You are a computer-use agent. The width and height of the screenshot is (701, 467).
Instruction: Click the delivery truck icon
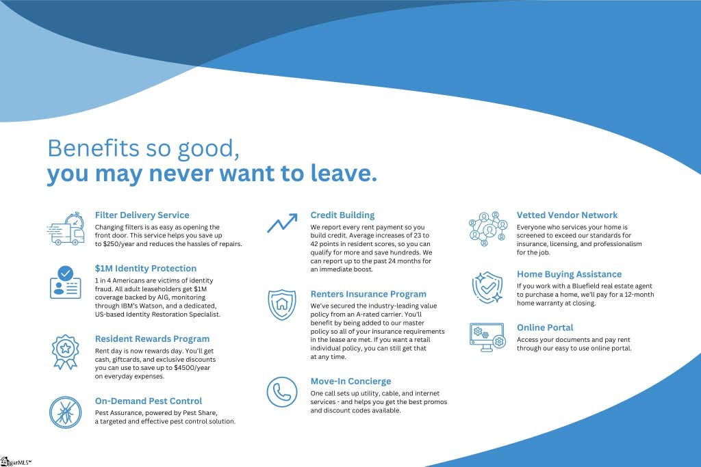(x=66, y=228)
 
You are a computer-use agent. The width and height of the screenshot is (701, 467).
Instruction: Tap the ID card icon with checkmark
(x=65, y=282)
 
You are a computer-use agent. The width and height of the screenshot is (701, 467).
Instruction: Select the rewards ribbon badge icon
(x=65, y=352)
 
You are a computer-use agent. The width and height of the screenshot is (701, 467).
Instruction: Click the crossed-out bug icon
(x=65, y=412)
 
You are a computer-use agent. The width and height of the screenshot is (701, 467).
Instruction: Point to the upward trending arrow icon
(x=282, y=223)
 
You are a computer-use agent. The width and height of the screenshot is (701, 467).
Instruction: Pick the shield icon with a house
(x=281, y=304)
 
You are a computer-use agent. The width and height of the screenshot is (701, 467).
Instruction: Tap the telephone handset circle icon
(x=282, y=392)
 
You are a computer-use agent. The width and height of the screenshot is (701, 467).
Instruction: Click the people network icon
(x=487, y=228)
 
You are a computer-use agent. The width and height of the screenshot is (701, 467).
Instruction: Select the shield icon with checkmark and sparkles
(x=487, y=288)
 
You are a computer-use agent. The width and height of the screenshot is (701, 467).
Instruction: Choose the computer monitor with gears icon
(x=487, y=337)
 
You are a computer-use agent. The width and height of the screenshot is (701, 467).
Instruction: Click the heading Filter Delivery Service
(x=142, y=215)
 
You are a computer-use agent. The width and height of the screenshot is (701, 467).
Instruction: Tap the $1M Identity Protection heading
(x=146, y=268)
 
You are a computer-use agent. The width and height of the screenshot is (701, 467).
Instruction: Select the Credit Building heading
(x=342, y=215)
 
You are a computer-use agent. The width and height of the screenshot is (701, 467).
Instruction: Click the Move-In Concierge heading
(x=351, y=382)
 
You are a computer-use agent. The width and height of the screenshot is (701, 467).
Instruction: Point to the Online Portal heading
(x=545, y=328)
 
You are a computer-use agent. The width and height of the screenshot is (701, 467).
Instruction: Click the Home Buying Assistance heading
(x=569, y=274)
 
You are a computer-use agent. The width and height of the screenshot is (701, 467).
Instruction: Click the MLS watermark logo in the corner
(x=16, y=462)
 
